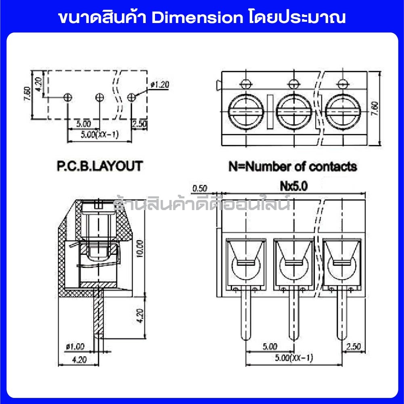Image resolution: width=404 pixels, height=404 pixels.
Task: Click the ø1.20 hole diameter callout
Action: coord(159,84)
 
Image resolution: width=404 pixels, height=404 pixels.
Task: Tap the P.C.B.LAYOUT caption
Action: coord(98,166)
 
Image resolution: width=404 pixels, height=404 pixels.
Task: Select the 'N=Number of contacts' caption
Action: coord(293,166)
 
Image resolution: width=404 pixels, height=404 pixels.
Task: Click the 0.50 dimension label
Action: coord(200,188)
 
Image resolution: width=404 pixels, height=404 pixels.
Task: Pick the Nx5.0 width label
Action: coord(294,186)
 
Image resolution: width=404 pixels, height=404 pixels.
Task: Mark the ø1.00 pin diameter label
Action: coord(75,346)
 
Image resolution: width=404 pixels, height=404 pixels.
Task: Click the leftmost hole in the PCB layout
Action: coord(68,97)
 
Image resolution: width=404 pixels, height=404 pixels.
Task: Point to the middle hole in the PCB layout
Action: coord(99,97)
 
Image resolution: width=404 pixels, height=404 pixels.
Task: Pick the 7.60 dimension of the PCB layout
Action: coord(27,96)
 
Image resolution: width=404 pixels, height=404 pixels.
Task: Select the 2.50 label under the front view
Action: coord(354,347)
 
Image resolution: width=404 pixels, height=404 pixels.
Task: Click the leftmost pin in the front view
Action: coord(246,317)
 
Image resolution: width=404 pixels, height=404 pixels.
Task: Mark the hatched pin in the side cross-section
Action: coord(97,315)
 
